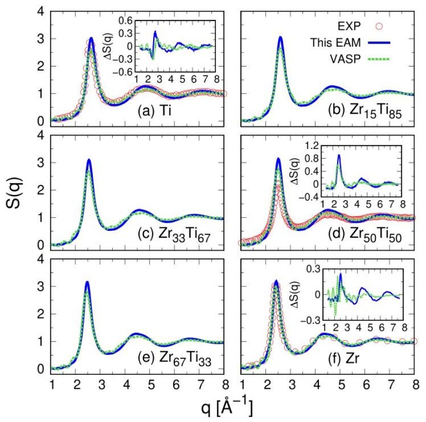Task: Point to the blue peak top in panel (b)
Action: tap(280, 37)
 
